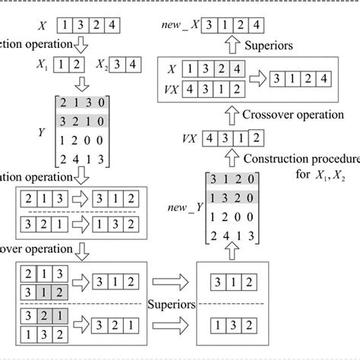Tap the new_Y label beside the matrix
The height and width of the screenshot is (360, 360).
click(x=185, y=207)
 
